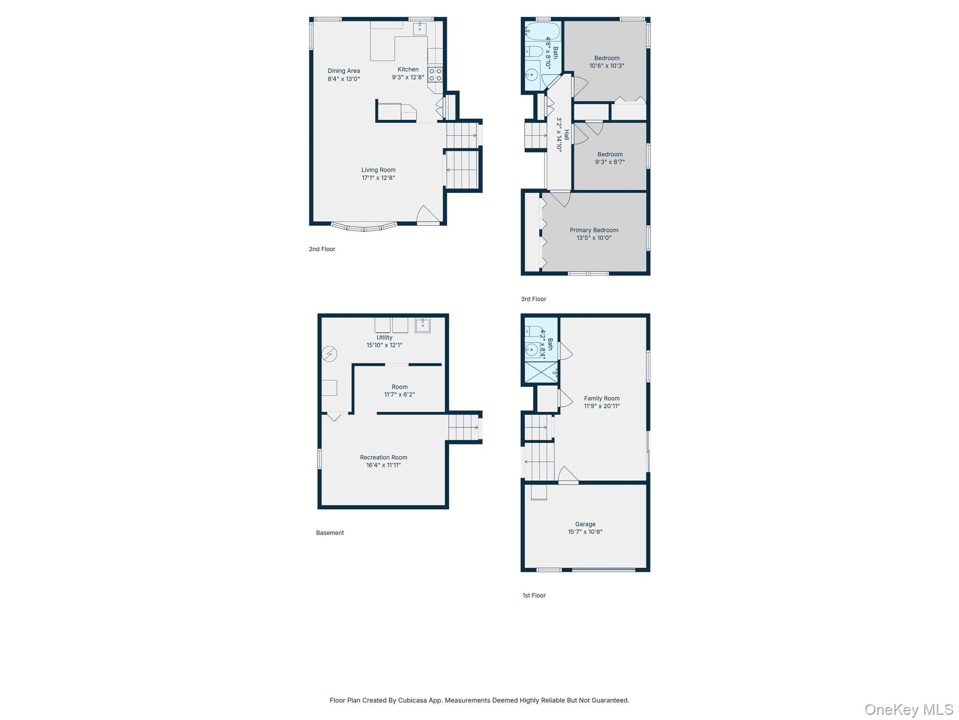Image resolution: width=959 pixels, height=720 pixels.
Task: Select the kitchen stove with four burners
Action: click(435, 75)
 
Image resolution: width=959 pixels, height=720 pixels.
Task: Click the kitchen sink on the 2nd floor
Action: click(420, 28)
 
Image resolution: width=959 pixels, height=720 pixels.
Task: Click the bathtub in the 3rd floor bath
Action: click(542, 31)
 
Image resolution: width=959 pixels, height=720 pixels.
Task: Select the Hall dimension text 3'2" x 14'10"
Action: click(559, 135)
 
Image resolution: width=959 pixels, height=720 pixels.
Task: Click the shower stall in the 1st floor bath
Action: click(541, 373)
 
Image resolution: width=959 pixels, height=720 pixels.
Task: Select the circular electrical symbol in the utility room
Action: click(329, 354)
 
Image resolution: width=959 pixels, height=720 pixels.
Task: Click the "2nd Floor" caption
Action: click(322, 249)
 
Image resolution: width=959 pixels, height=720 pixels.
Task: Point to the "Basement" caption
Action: click(330, 532)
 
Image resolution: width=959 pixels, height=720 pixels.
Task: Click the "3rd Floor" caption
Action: click(533, 299)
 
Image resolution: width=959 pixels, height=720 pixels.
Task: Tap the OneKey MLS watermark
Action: click(909, 709)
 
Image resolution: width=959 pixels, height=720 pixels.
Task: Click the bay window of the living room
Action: click(364, 227)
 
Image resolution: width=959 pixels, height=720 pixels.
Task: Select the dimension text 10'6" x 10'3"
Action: click(607, 66)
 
